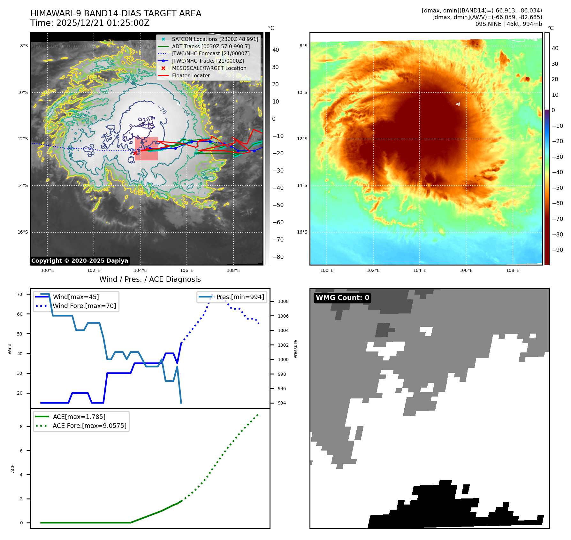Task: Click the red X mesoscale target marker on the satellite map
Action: click(135, 153)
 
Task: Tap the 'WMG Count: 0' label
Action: click(342, 298)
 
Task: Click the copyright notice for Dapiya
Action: click(80, 261)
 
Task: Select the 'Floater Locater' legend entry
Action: click(191, 76)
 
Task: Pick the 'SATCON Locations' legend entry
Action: click(215, 39)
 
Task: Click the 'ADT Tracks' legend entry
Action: click(211, 47)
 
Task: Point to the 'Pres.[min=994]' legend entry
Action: click(240, 297)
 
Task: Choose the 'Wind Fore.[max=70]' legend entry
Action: click(84, 306)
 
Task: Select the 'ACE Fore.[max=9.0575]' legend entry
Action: click(89, 426)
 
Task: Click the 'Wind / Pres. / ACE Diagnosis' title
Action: click(150, 280)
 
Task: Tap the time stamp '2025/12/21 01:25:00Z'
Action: click(103, 23)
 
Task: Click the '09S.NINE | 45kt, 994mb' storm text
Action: click(509, 24)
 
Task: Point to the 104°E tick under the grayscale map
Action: click(140, 271)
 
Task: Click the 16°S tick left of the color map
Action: click(302, 232)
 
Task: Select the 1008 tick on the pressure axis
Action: click(283, 302)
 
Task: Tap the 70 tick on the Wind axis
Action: click(20, 294)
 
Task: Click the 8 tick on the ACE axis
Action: click(21, 427)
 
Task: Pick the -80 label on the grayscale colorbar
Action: click(278, 257)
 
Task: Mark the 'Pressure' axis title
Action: click(296, 349)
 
